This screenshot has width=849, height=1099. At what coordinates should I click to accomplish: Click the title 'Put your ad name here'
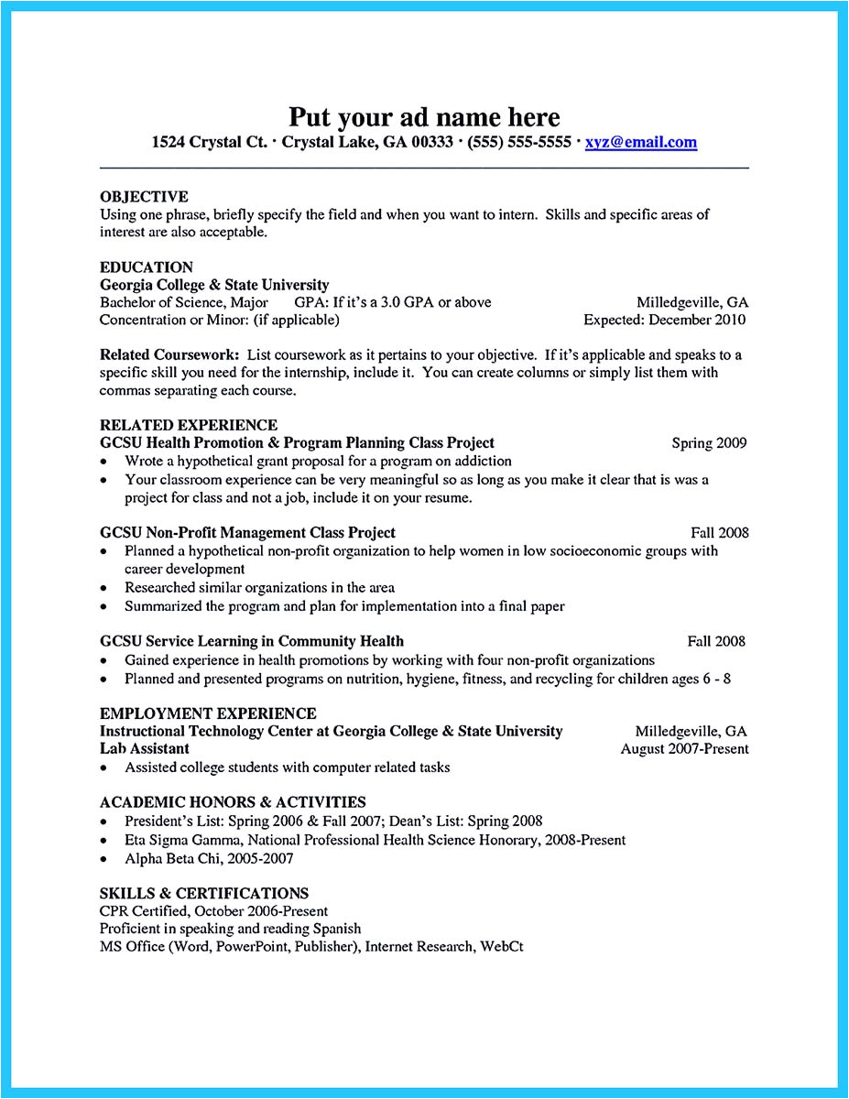pos(424,117)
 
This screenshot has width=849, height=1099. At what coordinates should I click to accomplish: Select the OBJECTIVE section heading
pos(144,197)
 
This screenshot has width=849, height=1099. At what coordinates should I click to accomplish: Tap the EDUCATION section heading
pos(147,267)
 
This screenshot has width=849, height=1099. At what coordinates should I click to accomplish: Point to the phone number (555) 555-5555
pos(519,143)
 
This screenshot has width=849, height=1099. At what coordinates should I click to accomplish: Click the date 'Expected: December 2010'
pos(664,321)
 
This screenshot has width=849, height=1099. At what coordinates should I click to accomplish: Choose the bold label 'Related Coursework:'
pos(169,354)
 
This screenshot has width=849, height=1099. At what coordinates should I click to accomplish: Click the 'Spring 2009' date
pos(709,443)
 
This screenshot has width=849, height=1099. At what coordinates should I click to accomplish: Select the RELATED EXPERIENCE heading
pos(189,426)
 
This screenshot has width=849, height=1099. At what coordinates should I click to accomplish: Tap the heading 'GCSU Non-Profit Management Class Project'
pos(247,533)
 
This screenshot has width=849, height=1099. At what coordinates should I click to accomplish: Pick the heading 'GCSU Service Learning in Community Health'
pos(251,642)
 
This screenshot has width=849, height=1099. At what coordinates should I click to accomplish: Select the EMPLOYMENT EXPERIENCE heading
pos(208,713)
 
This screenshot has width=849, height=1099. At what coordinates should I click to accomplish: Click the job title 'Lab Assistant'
pos(145,749)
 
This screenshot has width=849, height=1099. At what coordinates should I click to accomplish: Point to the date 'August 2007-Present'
pos(684,749)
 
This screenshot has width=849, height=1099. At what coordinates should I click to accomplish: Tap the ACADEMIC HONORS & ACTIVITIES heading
pos(233,802)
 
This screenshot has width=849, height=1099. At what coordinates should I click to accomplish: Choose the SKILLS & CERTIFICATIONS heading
pos(203,893)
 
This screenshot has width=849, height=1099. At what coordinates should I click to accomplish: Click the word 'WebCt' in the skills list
pos(502,947)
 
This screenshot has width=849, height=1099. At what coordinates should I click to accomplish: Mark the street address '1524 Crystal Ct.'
pos(210,143)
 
